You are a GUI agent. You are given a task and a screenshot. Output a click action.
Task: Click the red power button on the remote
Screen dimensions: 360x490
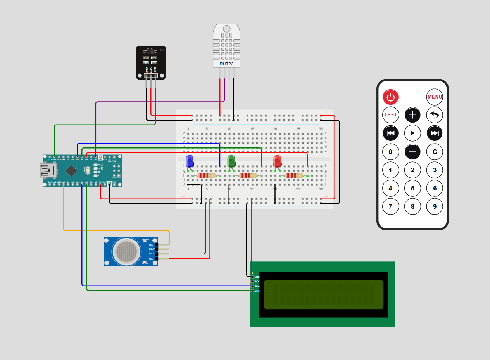[x=390, y=97]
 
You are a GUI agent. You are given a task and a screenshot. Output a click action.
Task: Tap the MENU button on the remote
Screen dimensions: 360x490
[x=435, y=97]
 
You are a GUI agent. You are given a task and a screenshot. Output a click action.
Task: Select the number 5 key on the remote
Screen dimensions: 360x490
[x=412, y=188]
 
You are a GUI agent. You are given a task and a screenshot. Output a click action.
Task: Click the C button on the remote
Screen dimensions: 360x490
[x=435, y=152]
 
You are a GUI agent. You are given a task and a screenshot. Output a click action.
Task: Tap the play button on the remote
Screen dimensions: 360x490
[x=412, y=133]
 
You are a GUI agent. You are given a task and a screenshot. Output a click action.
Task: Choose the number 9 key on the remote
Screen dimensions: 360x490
[x=435, y=206]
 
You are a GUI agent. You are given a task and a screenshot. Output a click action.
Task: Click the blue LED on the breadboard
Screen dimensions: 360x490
[x=190, y=161]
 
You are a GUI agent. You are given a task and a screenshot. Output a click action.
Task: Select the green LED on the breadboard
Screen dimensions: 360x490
[x=231, y=161]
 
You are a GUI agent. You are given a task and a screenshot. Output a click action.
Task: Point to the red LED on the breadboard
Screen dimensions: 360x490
[x=277, y=161]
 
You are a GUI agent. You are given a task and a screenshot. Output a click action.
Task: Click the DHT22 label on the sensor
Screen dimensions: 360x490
[x=226, y=64]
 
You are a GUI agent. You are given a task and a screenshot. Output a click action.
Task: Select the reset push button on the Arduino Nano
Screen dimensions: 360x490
[x=88, y=170]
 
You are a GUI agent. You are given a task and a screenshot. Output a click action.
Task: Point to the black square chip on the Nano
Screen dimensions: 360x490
[x=71, y=170]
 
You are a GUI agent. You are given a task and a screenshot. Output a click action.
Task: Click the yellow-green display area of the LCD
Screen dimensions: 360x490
[x=323, y=294]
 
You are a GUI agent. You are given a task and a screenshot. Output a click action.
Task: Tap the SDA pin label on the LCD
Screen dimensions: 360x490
[x=256, y=286]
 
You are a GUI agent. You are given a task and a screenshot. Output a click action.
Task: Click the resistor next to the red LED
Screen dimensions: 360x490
[x=293, y=176]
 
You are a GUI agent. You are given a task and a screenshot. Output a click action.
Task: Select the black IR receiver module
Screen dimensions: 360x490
[x=151, y=62]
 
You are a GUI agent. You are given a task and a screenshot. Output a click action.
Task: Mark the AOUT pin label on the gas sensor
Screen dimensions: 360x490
[x=151, y=245]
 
